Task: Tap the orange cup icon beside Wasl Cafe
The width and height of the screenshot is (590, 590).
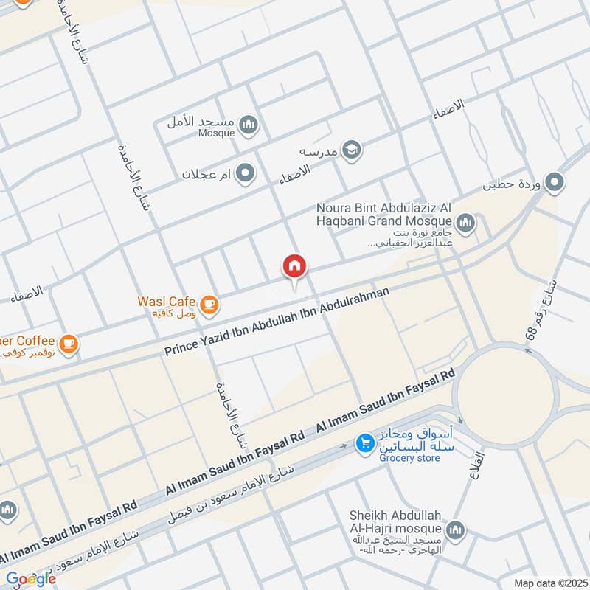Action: pos(209,302)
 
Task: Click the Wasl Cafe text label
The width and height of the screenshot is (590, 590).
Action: pos(166,301)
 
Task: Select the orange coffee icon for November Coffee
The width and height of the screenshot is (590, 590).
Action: pos(69,343)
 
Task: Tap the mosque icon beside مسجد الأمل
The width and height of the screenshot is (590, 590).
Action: pos(249,125)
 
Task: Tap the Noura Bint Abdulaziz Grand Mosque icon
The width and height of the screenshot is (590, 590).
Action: pos(465,221)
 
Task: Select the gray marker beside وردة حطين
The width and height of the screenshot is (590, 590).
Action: pos(555,181)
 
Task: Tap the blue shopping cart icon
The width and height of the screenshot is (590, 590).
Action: pos(364,443)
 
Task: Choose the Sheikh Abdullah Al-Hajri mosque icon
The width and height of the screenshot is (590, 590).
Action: pos(457,530)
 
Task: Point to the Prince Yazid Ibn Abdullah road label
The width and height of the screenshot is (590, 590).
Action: pos(277,319)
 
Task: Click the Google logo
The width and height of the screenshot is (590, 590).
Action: pos(30,579)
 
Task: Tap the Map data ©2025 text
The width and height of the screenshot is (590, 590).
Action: pos(549,583)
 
